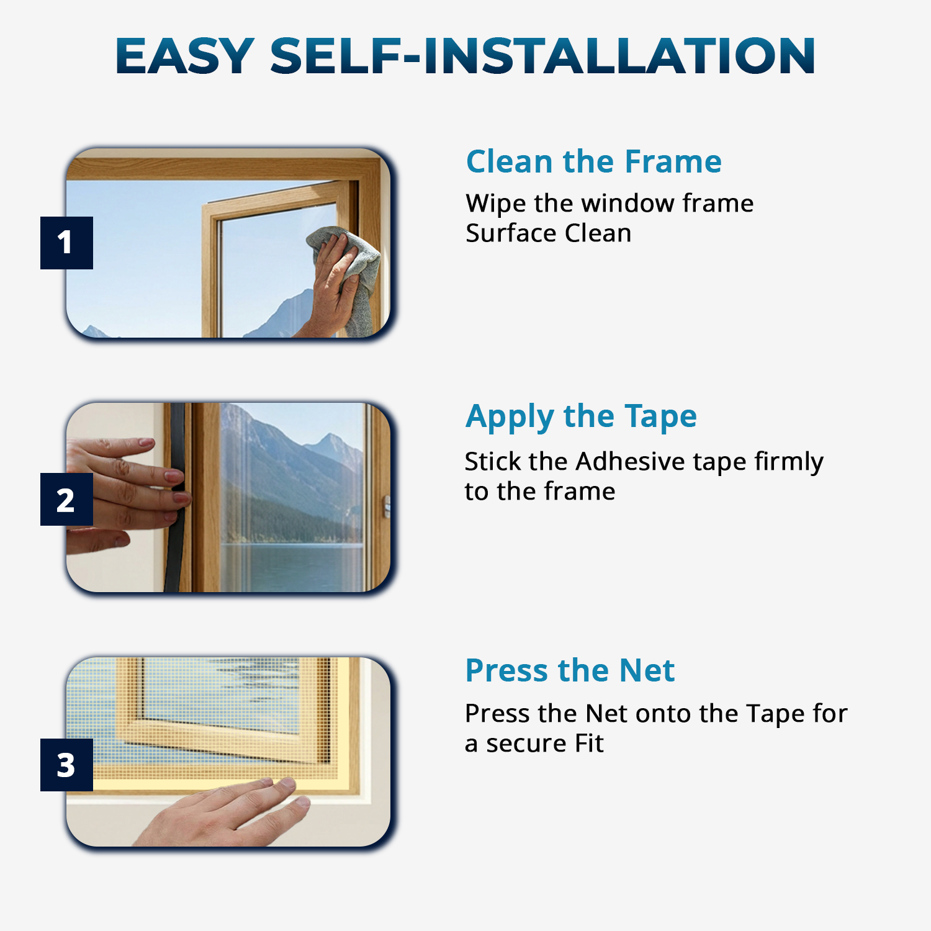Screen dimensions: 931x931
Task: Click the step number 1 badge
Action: pyautogui.click(x=66, y=243)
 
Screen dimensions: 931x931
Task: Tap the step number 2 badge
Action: pyautogui.click(x=66, y=499)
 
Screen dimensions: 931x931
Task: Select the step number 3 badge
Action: pyautogui.click(x=66, y=765)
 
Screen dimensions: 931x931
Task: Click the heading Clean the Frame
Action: pyautogui.click(x=594, y=161)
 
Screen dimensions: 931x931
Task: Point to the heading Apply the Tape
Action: pyautogui.click(x=581, y=416)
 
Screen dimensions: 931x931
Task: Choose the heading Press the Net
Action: pyautogui.click(x=570, y=670)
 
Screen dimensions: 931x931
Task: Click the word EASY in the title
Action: pyautogui.click(x=185, y=56)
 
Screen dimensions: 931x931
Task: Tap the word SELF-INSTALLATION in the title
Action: pyautogui.click(x=542, y=56)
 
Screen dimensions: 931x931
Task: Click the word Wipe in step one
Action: pyautogui.click(x=495, y=204)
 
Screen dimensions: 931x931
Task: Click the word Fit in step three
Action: pyautogui.click(x=589, y=743)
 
